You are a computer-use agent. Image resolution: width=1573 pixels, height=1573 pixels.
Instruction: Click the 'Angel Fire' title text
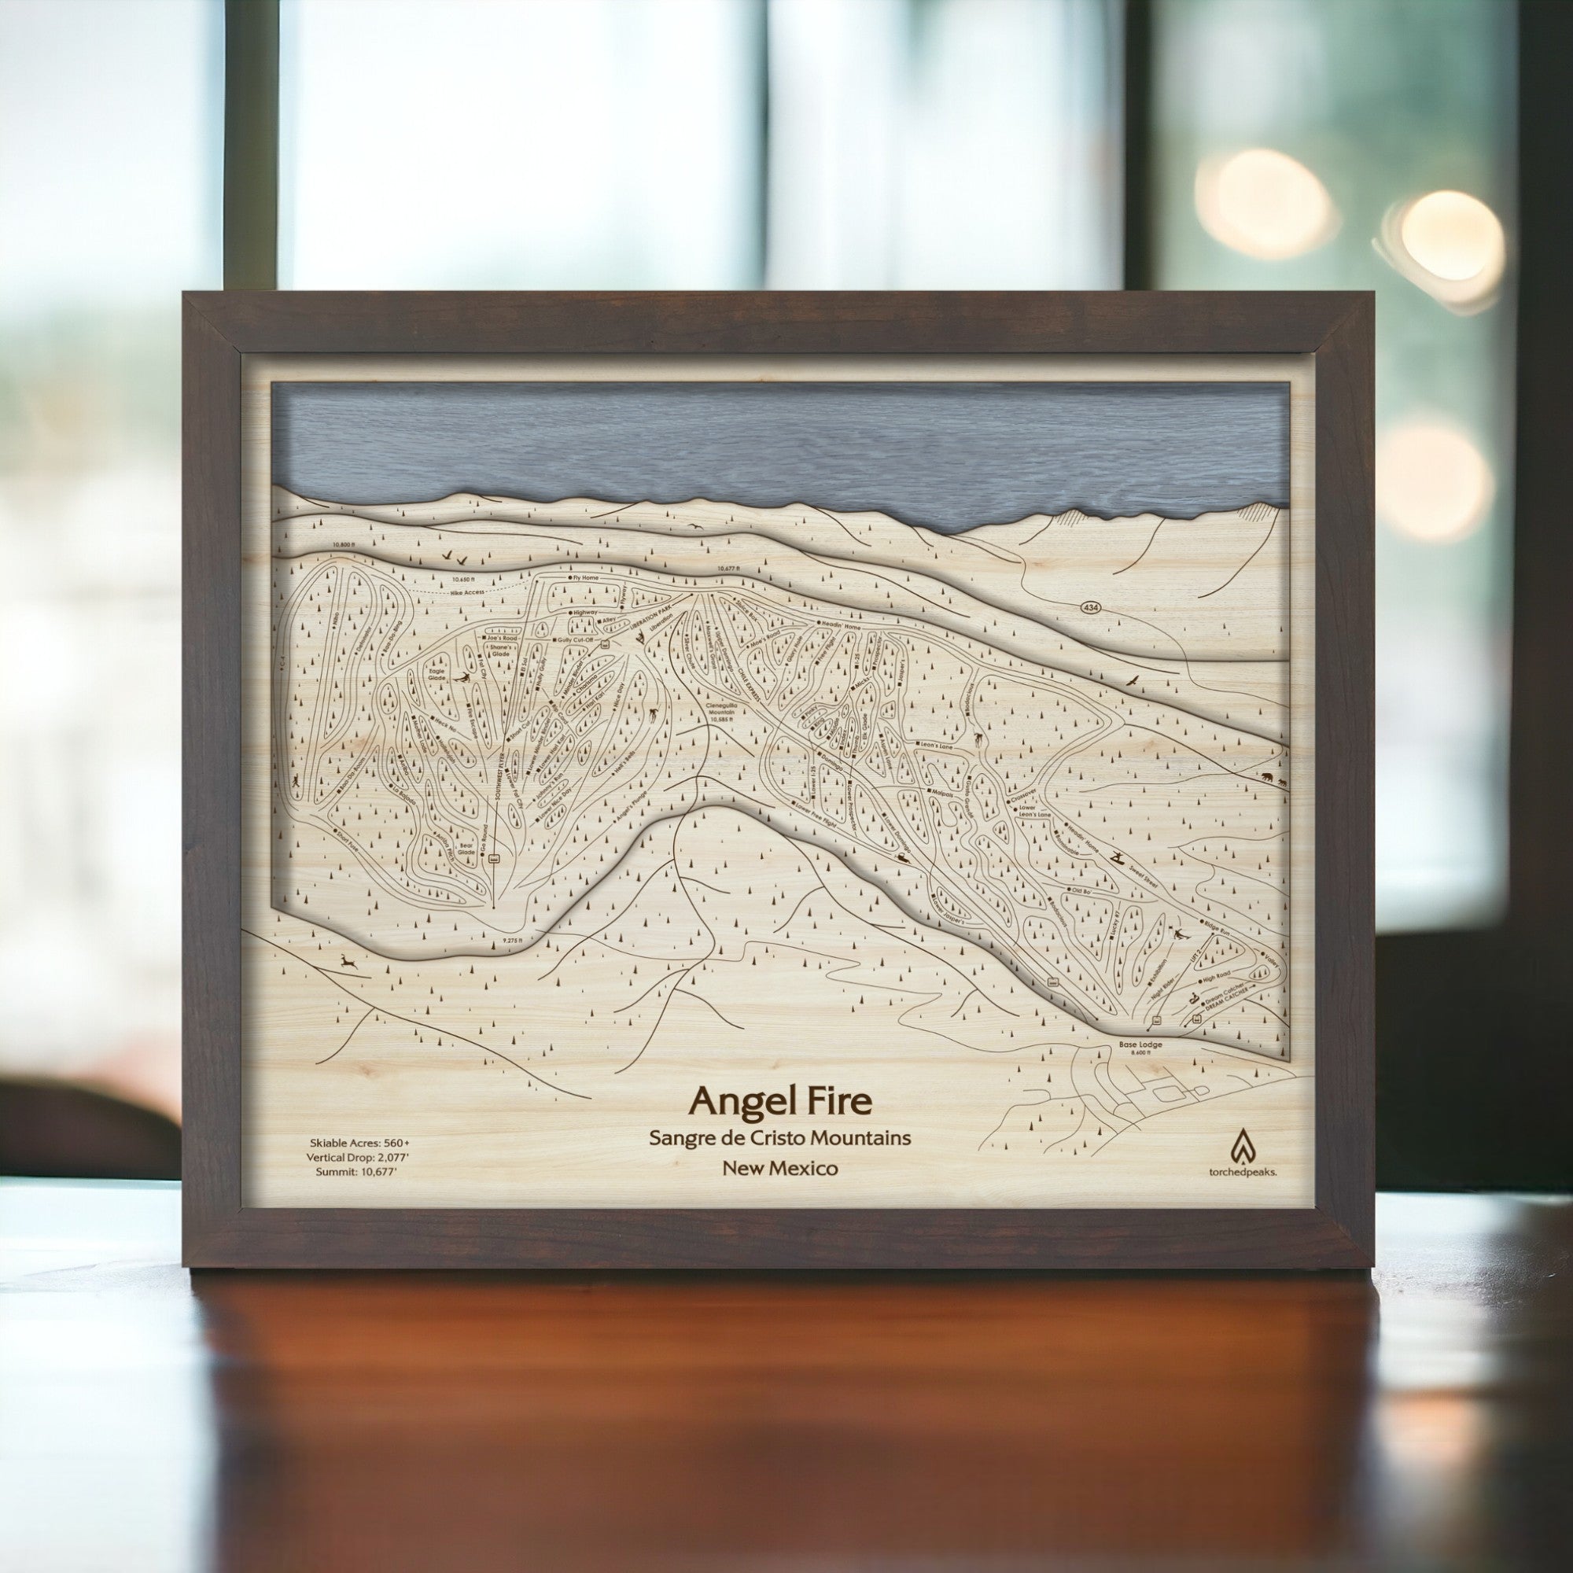pos(781,1102)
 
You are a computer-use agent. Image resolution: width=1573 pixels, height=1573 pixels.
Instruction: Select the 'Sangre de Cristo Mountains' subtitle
pos(780,1137)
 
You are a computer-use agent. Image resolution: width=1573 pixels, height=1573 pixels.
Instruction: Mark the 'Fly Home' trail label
pos(584,577)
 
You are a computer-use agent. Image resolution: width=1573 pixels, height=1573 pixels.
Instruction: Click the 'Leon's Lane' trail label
pos(934,745)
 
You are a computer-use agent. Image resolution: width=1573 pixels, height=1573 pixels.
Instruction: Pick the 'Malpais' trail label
pos(941,791)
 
